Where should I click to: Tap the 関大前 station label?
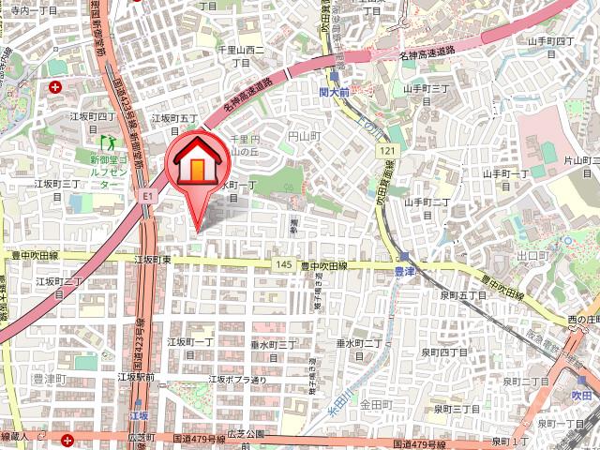[x=334, y=94]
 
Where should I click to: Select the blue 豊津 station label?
[x=404, y=271]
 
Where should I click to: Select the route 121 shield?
[x=387, y=151]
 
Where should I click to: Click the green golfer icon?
[x=108, y=143]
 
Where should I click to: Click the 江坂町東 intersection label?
[x=152, y=259]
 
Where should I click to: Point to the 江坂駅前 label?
[x=136, y=377]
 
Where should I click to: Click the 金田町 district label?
[x=374, y=403]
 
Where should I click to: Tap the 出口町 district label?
[x=532, y=255]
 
